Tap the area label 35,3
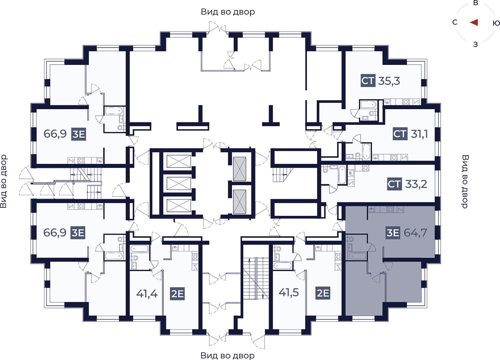(x=389, y=81)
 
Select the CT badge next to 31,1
(x=400, y=134)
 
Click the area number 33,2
(x=416, y=184)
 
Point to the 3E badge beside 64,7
(x=393, y=233)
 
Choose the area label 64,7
(x=415, y=233)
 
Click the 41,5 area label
(x=289, y=292)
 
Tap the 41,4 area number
(x=147, y=293)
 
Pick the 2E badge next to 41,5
(x=323, y=293)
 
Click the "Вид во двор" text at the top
(x=228, y=12)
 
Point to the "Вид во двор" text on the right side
(x=465, y=181)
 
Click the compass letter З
(x=475, y=44)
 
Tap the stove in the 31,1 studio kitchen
(x=394, y=158)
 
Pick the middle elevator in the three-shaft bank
(x=179, y=183)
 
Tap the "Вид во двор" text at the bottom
(x=227, y=355)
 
